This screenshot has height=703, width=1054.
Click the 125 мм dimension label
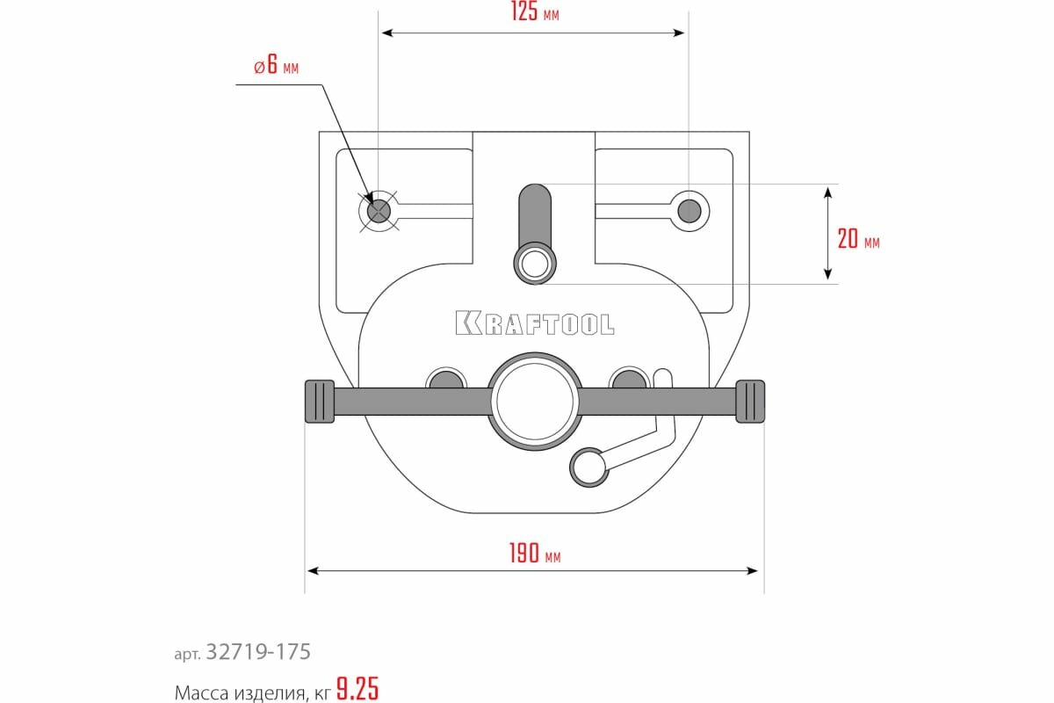pyautogui.click(x=534, y=14)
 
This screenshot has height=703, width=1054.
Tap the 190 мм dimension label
pyautogui.click(x=534, y=554)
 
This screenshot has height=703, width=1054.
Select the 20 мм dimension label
pyautogui.click(x=857, y=239)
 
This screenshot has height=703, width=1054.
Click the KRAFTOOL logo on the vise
pyautogui.click(x=535, y=323)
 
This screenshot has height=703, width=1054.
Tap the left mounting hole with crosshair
pyautogui.click(x=379, y=211)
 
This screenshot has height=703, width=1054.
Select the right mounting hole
pyautogui.click(x=689, y=211)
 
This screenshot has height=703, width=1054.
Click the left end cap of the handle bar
pyautogui.click(x=320, y=402)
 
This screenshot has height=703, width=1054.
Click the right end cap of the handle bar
pyautogui.click(x=750, y=402)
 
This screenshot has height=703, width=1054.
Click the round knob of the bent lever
pyautogui.click(x=588, y=467)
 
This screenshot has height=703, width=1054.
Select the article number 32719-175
pyautogui.click(x=257, y=652)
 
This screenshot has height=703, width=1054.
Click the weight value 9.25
pyautogui.click(x=357, y=690)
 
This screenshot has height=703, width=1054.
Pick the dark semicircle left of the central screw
pyautogui.click(x=445, y=380)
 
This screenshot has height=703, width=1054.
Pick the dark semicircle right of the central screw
pyautogui.click(x=628, y=380)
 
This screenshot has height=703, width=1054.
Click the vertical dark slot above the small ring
pyautogui.click(x=534, y=215)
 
